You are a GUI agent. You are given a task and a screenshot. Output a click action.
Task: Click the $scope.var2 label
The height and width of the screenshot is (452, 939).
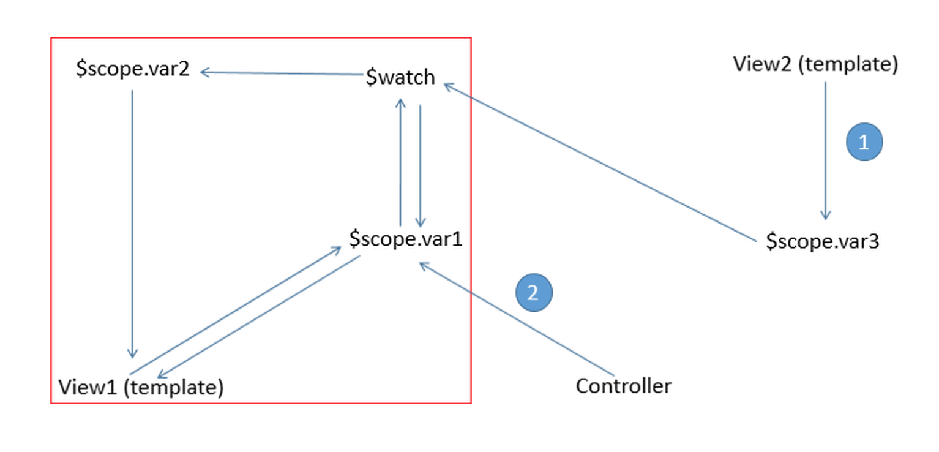(133, 70)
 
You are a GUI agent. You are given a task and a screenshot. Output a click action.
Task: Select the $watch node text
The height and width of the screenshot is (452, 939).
(400, 78)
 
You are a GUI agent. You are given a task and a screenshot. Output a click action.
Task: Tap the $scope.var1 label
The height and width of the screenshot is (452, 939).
(405, 239)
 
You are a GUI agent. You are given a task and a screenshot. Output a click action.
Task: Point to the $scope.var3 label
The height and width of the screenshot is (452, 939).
(822, 242)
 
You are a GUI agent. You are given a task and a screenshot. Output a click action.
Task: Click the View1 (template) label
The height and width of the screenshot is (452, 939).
(141, 387)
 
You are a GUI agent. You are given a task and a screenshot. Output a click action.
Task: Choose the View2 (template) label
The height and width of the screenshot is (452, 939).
(815, 64)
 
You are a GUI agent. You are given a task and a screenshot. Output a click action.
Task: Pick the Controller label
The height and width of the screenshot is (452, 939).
(623, 386)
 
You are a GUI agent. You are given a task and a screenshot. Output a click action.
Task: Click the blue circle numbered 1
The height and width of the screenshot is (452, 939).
(864, 142)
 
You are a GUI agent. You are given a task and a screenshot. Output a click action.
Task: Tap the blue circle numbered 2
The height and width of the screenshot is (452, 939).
(534, 293)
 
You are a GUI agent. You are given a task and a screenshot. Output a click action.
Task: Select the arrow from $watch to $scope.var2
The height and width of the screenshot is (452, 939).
(282, 73)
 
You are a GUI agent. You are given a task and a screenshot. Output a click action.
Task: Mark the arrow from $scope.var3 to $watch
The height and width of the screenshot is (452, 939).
(600, 162)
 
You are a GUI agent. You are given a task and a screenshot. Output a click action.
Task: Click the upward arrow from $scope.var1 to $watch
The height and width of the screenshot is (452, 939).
(400, 162)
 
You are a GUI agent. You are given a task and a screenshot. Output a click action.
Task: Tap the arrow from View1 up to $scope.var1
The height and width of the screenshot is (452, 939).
(236, 311)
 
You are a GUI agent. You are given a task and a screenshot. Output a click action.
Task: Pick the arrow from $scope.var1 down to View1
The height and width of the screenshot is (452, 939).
(258, 317)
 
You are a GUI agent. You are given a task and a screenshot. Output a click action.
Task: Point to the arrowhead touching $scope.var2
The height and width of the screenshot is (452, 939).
(205, 72)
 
